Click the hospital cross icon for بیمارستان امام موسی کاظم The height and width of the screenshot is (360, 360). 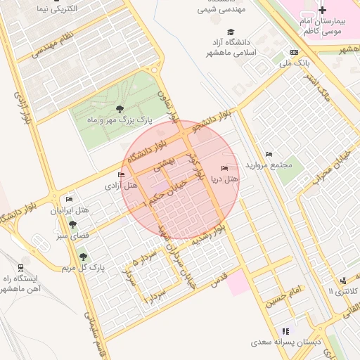click(322, 10)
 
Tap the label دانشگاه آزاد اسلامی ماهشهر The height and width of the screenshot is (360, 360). click(231, 48)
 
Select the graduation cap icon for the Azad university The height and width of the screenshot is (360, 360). click(231, 32)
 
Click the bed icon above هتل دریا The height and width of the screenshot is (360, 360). click(224, 169)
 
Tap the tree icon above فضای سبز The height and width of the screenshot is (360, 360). click(72, 224)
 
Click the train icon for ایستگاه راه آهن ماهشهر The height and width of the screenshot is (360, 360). click(20, 267)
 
